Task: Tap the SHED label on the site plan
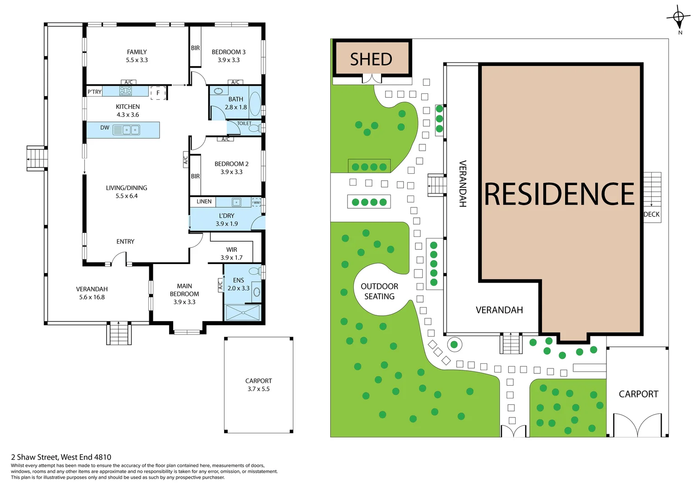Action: [x=371, y=59]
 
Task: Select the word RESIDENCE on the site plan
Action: [x=560, y=194]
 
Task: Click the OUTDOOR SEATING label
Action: [x=379, y=291]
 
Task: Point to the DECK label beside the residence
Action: [x=652, y=214]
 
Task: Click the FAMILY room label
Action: [x=137, y=52]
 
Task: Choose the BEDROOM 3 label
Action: [x=229, y=52]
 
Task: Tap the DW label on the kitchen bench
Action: [x=105, y=127]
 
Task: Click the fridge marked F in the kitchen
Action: [x=158, y=93]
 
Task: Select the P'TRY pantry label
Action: [x=94, y=92]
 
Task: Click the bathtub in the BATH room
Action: [x=255, y=103]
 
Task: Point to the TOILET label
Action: [x=244, y=123]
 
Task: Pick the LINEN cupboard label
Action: [x=204, y=201]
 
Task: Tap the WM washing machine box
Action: [x=257, y=202]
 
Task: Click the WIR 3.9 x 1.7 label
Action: [x=231, y=254]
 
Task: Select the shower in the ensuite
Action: [x=243, y=312]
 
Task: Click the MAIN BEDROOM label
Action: [x=184, y=290]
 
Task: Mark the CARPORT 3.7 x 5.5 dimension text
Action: [x=259, y=389]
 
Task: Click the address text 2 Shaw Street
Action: [x=61, y=457]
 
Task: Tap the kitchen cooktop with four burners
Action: [x=126, y=91]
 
